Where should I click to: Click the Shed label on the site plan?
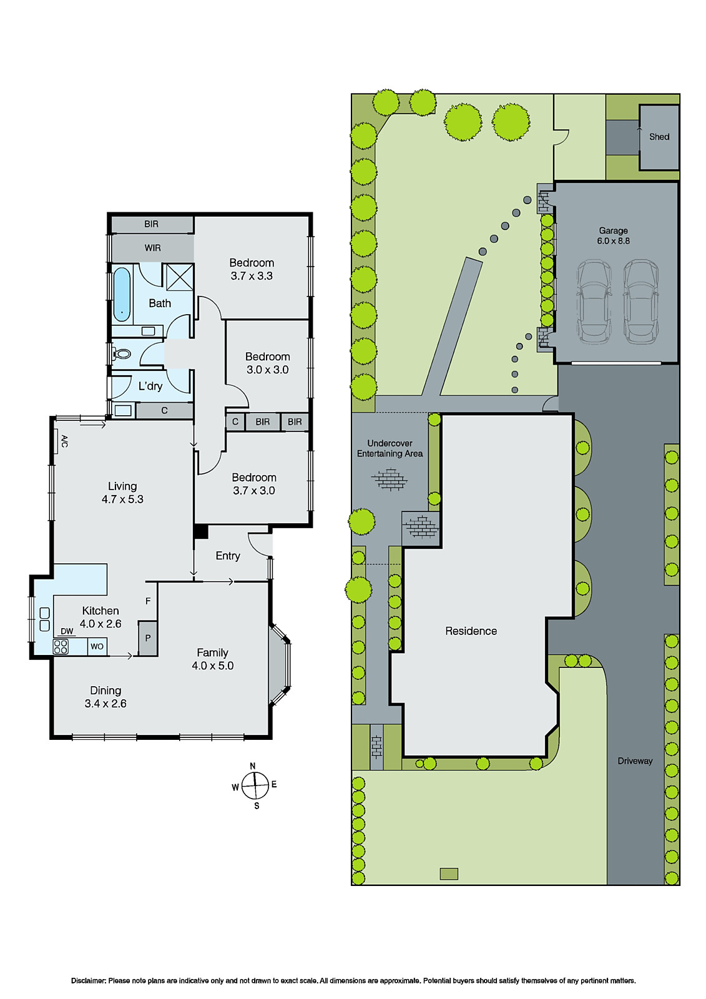(659, 137)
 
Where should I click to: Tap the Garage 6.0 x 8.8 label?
(613, 235)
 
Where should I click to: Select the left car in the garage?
(594, 302)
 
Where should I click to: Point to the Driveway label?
(635, 760)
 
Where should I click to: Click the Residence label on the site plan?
(471, 631)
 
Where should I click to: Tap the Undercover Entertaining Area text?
(390, 448)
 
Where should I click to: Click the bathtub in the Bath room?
(122, 293)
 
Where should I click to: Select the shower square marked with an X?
(180, 277)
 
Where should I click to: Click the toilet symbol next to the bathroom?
(122, 354)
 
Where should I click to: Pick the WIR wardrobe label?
(152, 248)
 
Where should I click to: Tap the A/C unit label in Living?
(64, 441)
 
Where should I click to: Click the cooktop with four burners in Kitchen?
(61, 646)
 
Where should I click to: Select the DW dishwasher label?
(67, 631)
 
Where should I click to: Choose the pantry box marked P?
(147, 638)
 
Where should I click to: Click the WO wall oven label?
(97, 646)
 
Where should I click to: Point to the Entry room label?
(227, 556)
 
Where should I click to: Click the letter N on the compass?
(252, 766)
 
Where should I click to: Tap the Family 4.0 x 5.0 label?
(212, 659)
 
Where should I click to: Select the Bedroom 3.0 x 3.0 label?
(267, 363)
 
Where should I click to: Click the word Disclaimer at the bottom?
(88, 980)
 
